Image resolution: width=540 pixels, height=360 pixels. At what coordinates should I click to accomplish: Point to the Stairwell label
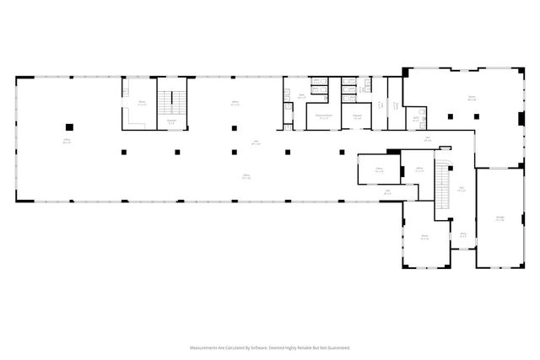(171, 121)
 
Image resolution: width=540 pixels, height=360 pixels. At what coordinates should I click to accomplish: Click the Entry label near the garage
(463, 234)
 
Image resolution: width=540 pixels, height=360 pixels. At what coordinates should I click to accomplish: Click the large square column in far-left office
(69, 127)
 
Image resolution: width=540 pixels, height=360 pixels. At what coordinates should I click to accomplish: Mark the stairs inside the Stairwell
(175, 102)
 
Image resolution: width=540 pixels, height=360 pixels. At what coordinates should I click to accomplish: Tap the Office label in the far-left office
(66, 141)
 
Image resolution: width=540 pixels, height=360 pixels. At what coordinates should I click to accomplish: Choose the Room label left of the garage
(425, 237)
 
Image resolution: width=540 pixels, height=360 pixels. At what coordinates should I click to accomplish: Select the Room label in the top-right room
(472, 99)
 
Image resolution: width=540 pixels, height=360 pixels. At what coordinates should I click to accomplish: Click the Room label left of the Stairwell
(143, 103)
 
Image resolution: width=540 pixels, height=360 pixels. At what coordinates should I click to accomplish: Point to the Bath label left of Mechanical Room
(300, 96)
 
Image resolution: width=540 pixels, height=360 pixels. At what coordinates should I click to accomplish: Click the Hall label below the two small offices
(387, 191)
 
